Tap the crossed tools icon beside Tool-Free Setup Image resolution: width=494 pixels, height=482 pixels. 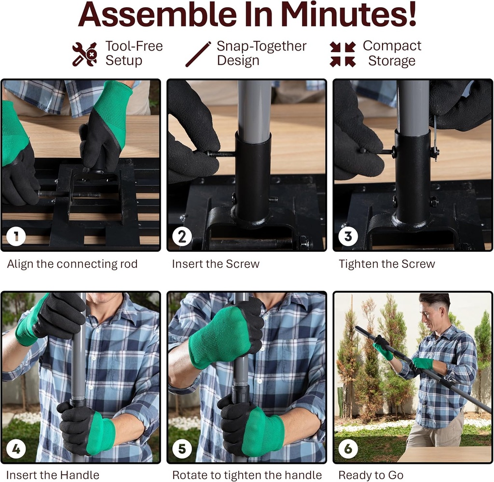click(x=84, y=54)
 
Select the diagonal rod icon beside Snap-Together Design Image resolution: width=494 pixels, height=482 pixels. click(x=198, y=54)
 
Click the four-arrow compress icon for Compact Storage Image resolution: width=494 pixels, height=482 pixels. click(x=343, y=54)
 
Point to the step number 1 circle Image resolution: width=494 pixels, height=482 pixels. click(x=16, y=236)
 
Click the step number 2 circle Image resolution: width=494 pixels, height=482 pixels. click(x=182, y=236)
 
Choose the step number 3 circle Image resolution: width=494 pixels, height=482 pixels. click(x=348, y=236)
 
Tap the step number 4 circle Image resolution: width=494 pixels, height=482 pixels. click(x=16, y=449)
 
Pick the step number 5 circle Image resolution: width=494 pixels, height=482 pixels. click(x=182, y=449)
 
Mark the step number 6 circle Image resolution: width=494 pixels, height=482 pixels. click(x=348, y=449)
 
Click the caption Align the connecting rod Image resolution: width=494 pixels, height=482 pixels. click(x=72, y=264)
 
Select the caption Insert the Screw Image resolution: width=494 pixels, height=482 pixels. click(x=216, y=264)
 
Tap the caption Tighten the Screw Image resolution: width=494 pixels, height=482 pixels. click(x=386, y=264)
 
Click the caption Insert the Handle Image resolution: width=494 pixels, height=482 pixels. click(x=53, y=475)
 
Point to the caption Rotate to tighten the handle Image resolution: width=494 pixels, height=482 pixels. click(x=247, y=475)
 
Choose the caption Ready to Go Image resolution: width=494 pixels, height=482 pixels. click(x=370, y=475)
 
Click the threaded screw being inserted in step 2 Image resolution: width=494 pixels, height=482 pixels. click(x=221, y=154)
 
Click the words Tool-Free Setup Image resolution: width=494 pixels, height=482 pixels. click(x=134, y=54)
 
